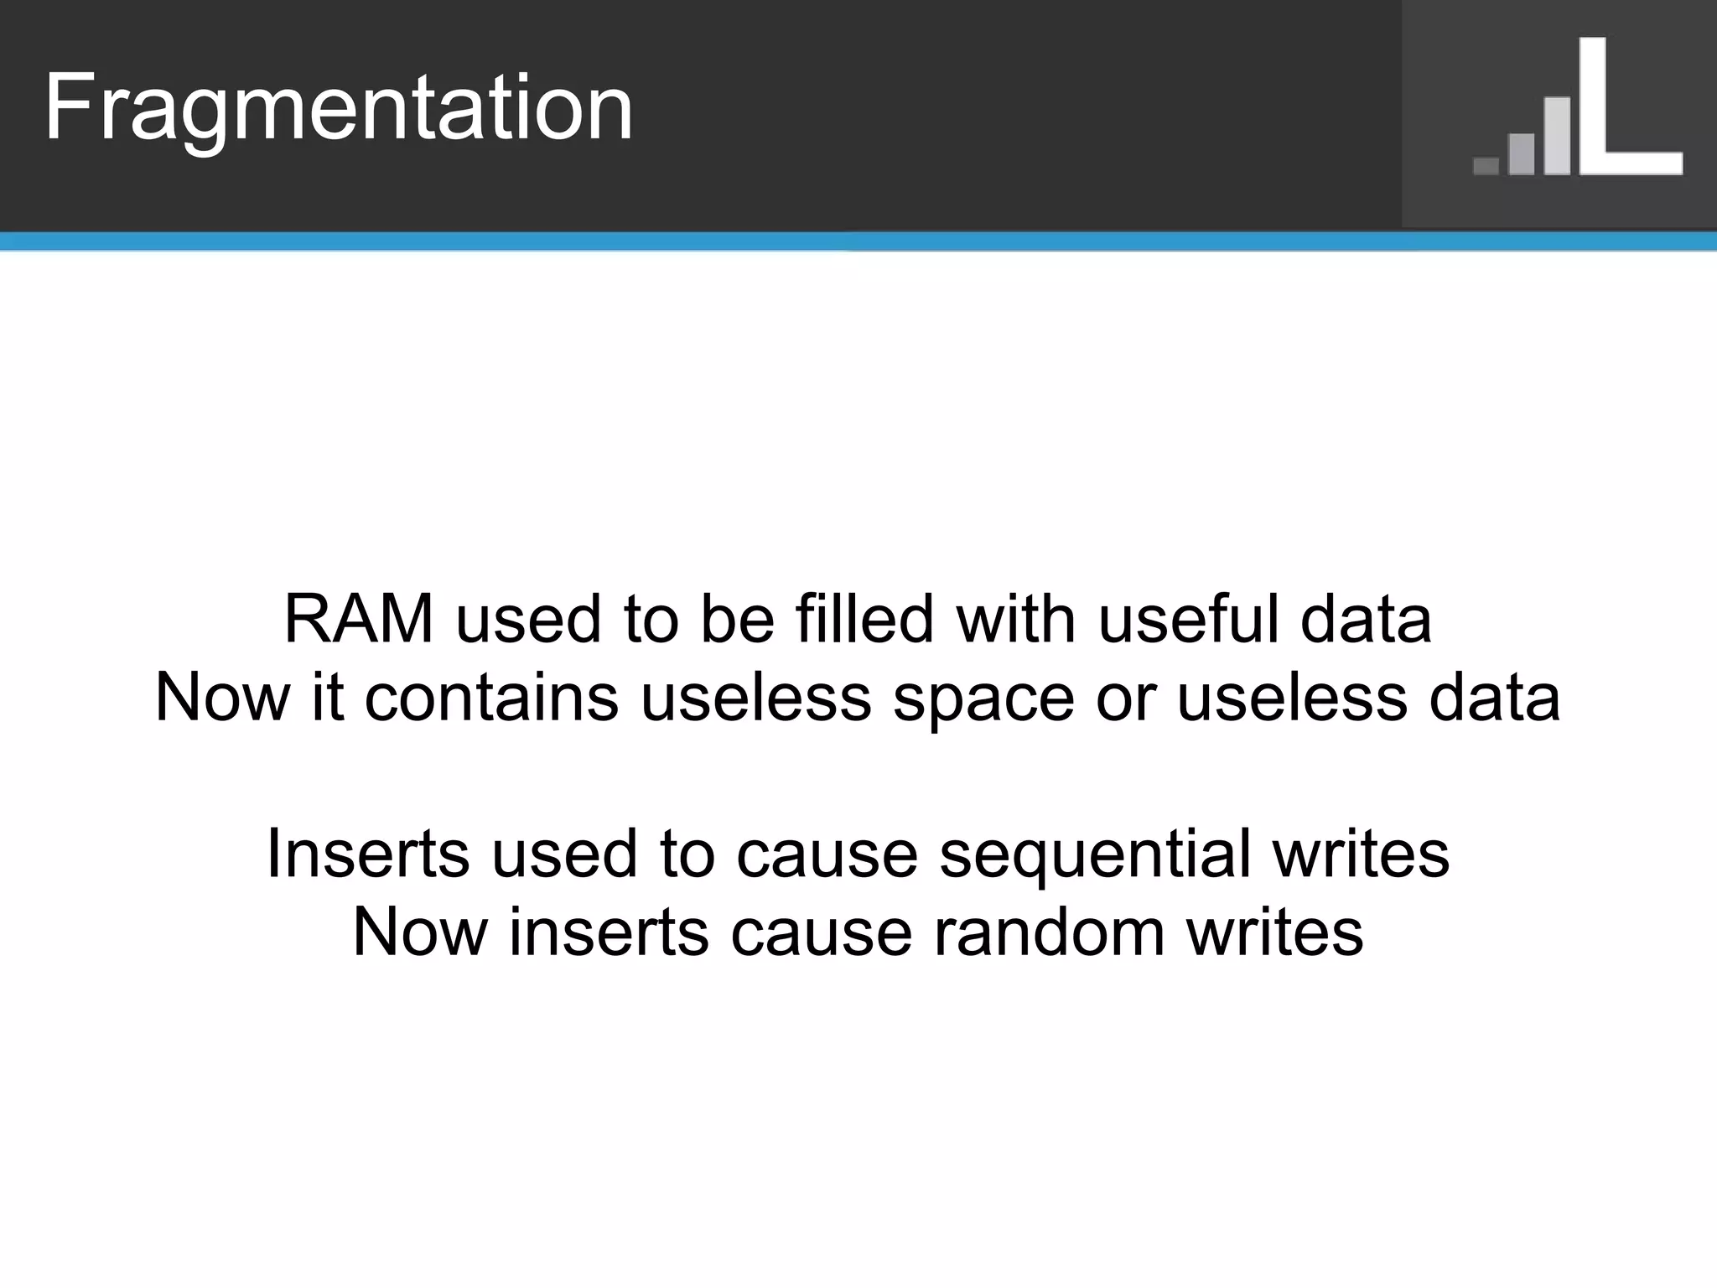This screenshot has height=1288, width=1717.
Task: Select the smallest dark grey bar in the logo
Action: pos(1486,165)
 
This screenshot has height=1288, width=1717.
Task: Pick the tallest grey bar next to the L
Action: pos(1557,136)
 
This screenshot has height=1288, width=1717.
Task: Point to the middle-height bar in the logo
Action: pos(1521,153)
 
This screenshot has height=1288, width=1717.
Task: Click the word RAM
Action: pos(359,620)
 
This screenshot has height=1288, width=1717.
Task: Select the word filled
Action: pos(864,620)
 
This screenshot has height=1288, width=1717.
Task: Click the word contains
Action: pos(491,699)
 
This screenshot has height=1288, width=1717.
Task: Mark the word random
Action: pos(1049,932)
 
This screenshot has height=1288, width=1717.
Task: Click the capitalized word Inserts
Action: pos(367,854)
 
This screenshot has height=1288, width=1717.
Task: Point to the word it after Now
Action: pos(328,699)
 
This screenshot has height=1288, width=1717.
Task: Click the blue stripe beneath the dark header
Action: pos(858,242)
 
